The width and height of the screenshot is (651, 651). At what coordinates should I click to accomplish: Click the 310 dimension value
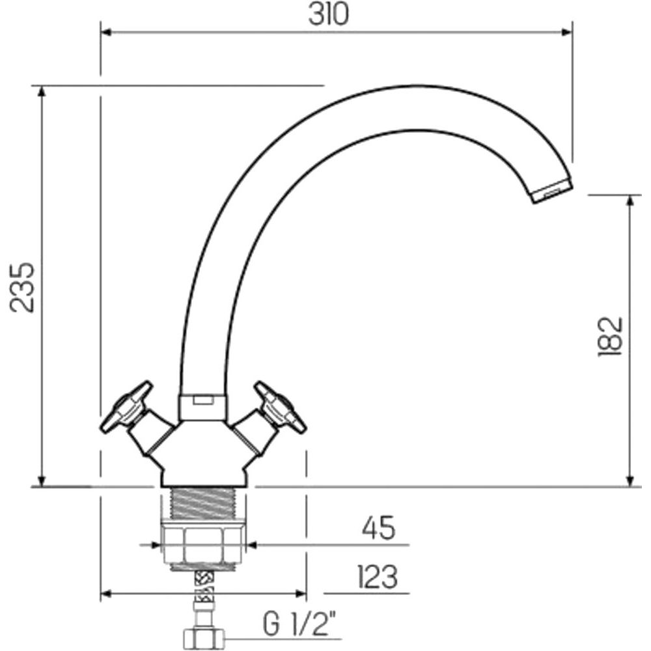[328, 14]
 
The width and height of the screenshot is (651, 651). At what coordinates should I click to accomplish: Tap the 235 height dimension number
[22, 287]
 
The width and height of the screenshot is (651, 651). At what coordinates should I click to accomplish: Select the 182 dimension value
[610, 337]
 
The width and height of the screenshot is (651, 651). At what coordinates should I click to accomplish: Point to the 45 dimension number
[379, 528]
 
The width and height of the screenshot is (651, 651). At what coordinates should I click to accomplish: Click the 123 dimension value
[377, 576]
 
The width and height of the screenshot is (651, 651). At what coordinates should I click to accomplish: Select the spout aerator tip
[552, 189]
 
